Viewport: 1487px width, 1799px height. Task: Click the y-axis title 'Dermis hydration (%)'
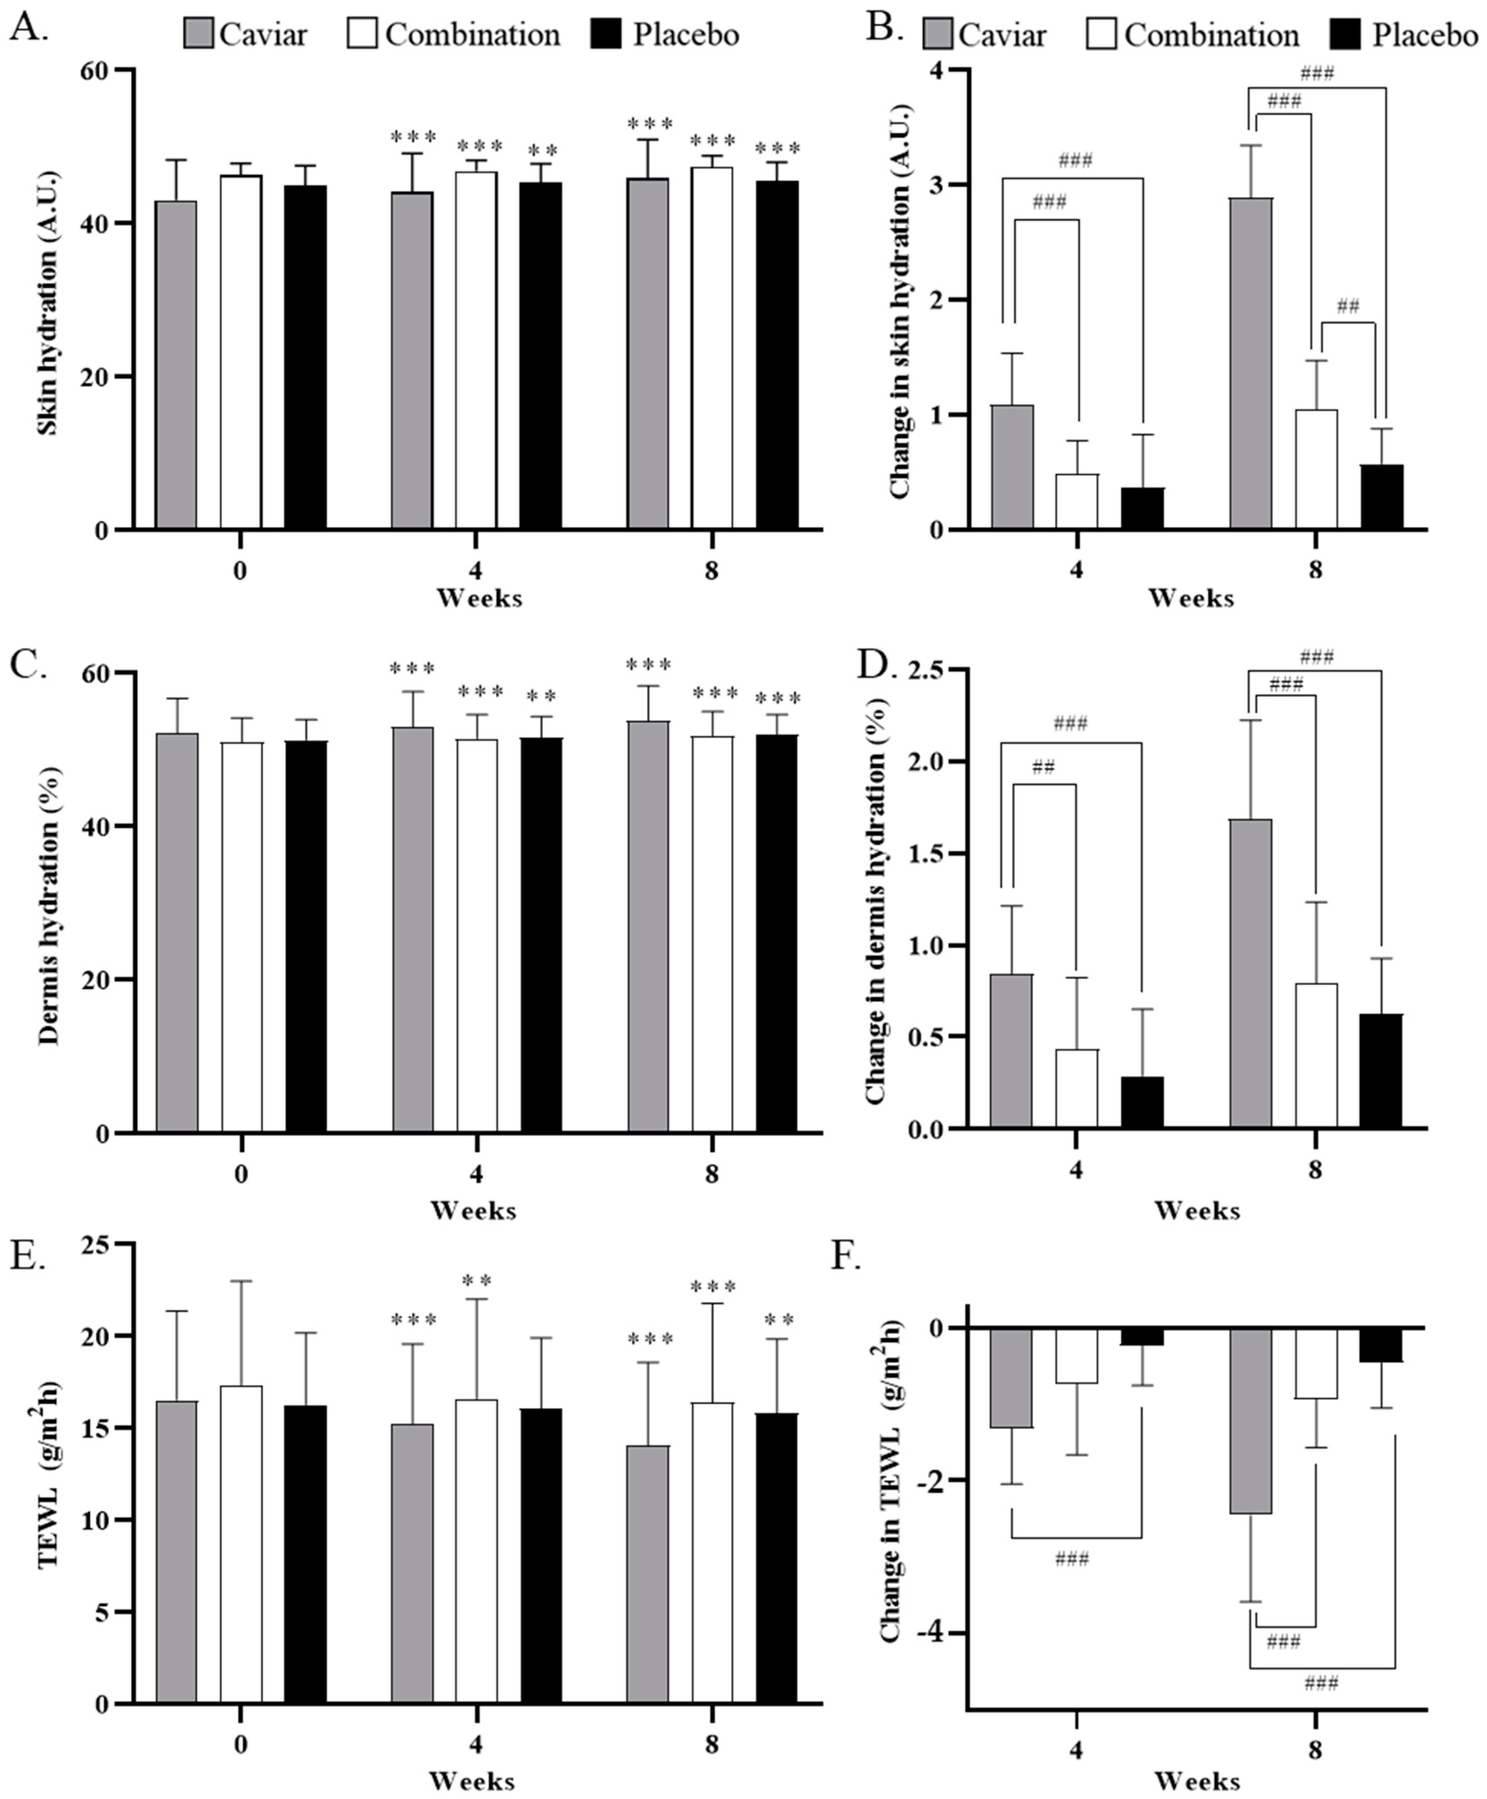pos(49,904)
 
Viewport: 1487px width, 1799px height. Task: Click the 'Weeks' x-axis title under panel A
pos(479,598)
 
